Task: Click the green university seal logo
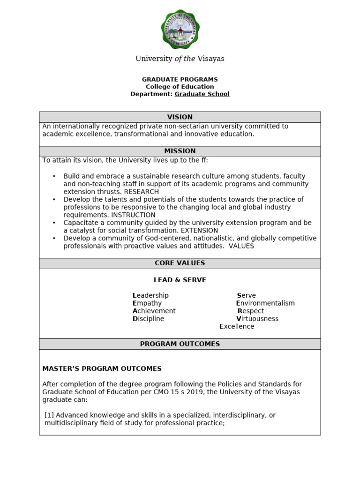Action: [180, 29]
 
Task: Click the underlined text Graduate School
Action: [202, 94]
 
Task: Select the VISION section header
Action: [180, 117]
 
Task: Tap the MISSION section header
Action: [180, 151]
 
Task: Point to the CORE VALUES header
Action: [180, 263]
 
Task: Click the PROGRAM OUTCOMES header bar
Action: [180, 344]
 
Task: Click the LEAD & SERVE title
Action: [180, 280]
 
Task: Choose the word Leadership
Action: [150, 296]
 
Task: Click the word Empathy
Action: [147, 303]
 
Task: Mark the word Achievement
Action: [154, 311]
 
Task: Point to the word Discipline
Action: [149, 319]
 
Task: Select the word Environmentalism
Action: [265, 303]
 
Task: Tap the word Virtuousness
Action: [257, 319]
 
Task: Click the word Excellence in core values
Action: [237, 327]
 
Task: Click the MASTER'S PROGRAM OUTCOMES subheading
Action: [102, 369]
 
